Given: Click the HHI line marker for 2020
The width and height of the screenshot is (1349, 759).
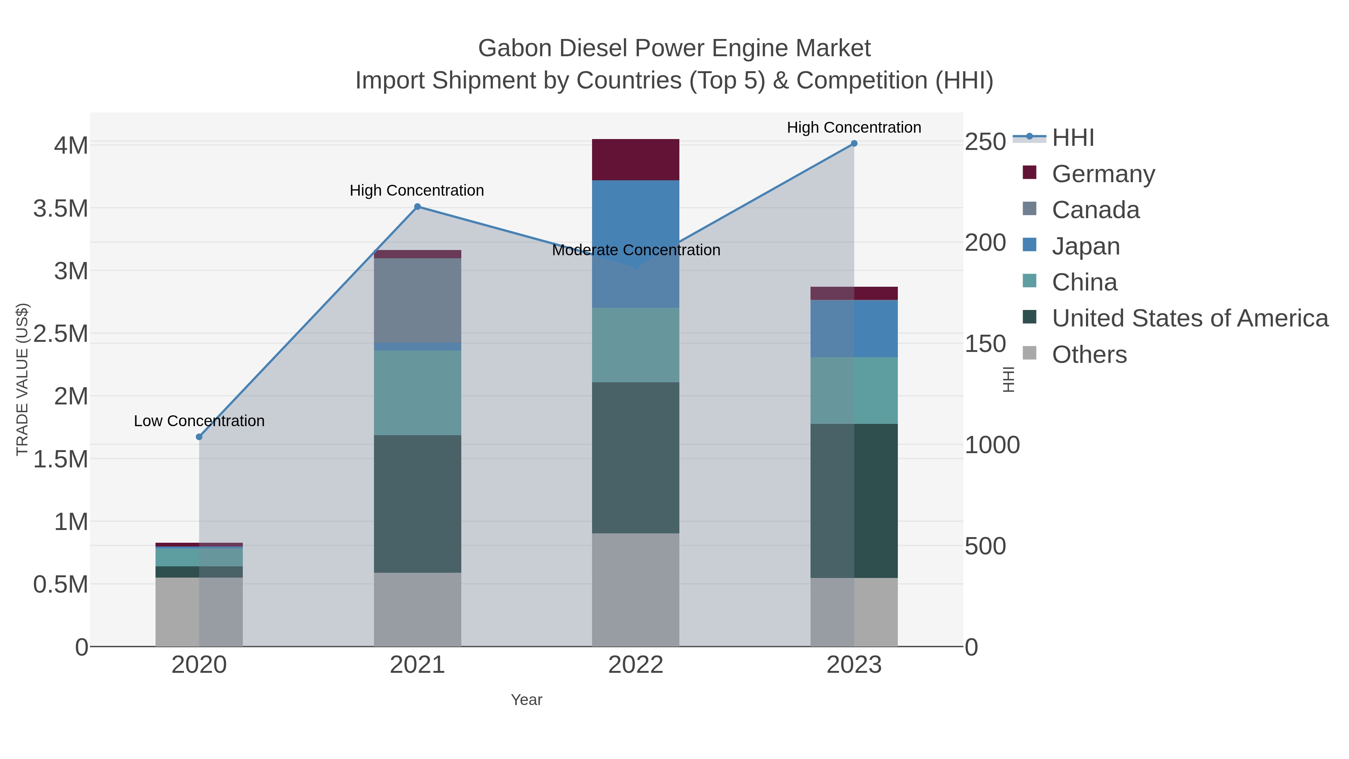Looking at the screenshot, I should pyautogui.click(x=199, y=437).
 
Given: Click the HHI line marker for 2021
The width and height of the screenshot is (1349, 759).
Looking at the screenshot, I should pyautogui.click(x=417, y=207).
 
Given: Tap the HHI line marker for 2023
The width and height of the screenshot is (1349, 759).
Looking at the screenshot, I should pyautogui.click(x=854, y=144).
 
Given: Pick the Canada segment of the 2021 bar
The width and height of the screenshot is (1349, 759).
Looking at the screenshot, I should pyautogui.click(x=417, y=300).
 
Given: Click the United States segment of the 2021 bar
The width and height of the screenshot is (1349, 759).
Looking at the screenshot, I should pyautogui.click(x=417, y=503).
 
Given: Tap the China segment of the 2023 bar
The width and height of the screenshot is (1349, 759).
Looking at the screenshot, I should pyautogui.click(x=854, y=391).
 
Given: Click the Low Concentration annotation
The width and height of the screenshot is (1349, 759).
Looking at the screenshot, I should pyautogui.click(x=199, y=421).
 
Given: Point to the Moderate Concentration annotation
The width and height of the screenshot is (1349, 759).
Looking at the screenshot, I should pyautogui.click(x=636, y=250).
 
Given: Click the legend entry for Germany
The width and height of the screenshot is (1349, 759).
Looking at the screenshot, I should pyautogui.click(x=1103, y=174).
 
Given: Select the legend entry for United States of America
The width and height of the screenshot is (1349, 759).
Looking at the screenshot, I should pyautogui.click(x=1189, y=319).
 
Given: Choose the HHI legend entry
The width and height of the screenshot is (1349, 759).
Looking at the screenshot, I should pyautogui.click(x=1072, y=138).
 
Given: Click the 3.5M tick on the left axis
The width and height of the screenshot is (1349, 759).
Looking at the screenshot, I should pyautogui.click(x=61, y=208).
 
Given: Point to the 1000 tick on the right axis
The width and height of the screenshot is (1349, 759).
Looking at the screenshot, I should pyautogui.click(x=992, y=445).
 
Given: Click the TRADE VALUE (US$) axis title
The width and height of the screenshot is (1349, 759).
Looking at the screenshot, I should pyautogui.click(x=22, y=379).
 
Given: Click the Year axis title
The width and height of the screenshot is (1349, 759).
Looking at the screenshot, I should pyautogui.click(x=526, y=700).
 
